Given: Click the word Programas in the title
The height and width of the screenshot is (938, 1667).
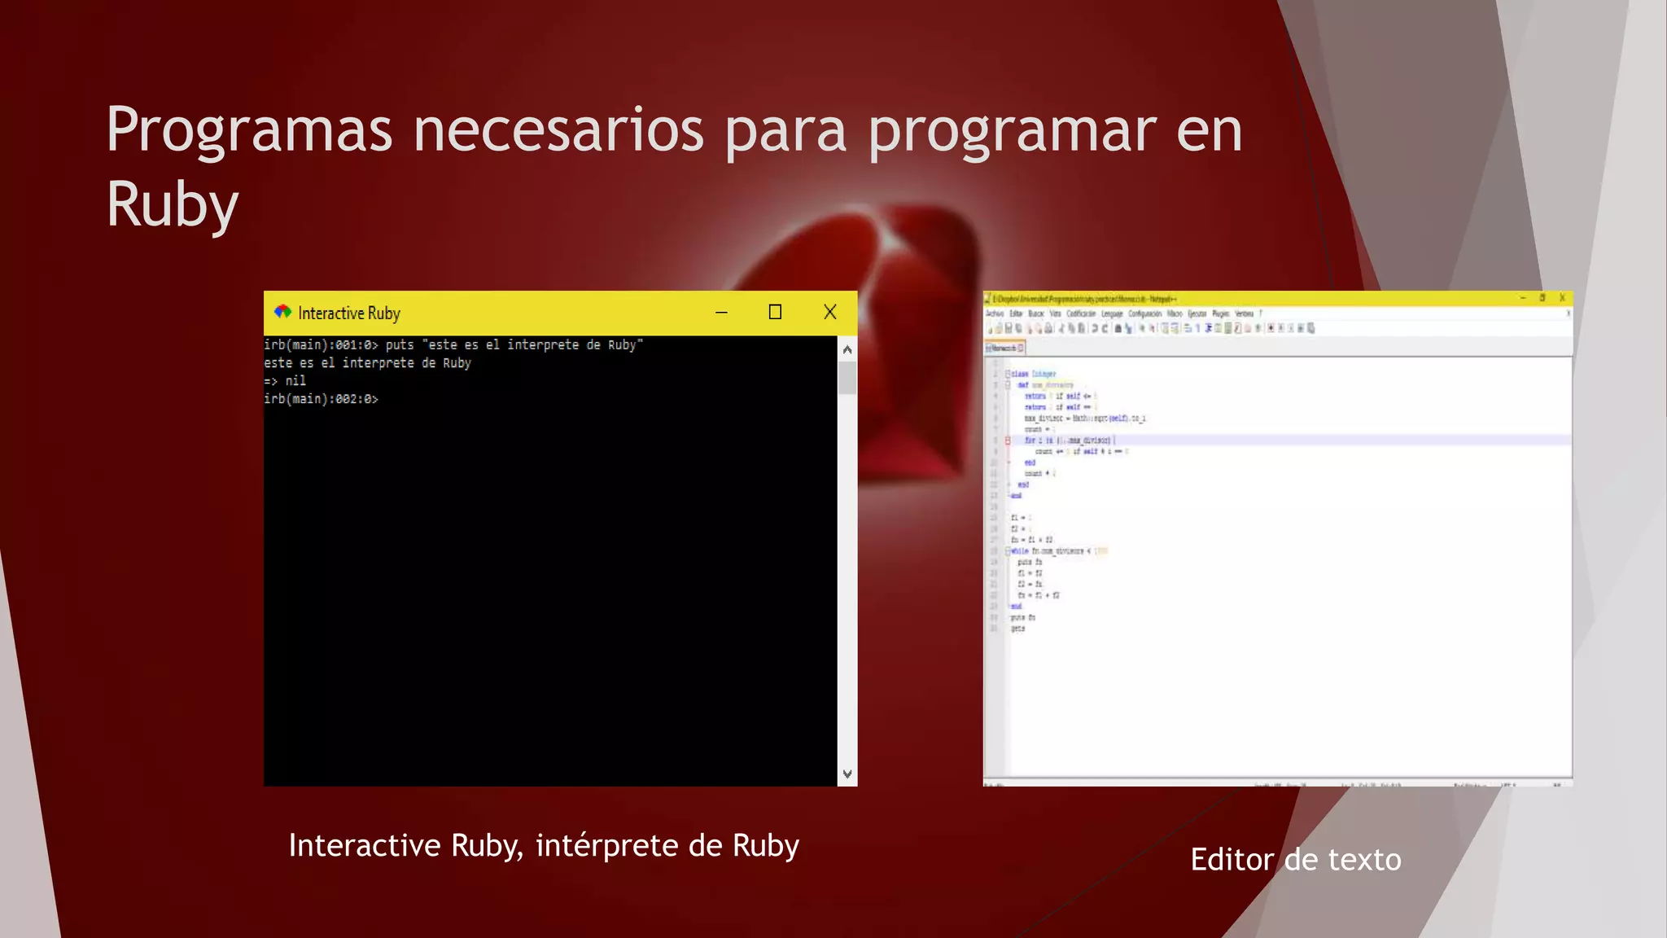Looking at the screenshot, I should click(x=249, y=130).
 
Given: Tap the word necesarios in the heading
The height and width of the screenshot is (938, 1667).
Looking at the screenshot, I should click(x=558, y=130).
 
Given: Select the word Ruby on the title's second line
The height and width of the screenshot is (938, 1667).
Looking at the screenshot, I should click(x=172, y=204).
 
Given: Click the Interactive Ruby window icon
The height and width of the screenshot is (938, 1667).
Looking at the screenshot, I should click(x=282, y=312).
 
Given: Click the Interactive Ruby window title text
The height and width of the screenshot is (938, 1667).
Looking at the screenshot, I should click(x=349, y=313).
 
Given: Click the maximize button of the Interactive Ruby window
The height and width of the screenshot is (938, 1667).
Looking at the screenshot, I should click(x=775, y=312).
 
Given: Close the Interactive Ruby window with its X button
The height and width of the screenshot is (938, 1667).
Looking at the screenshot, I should click(x=829, y=312).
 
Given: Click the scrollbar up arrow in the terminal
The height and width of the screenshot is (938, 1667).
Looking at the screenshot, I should click(x=847, y=350).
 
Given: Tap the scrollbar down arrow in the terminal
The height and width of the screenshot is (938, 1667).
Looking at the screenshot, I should click(x=847, y=774).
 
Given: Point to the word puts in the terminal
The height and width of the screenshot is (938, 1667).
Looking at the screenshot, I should click(x=400, y=345).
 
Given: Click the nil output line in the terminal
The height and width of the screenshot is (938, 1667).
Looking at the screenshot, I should click(x=286, y=381).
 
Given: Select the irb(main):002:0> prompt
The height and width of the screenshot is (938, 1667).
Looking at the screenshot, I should click(x=321, y=399).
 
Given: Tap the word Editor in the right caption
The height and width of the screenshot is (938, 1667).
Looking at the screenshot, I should click(x=1232, y=860).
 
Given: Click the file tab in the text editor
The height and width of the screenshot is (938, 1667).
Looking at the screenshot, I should click(x=1004, y=348).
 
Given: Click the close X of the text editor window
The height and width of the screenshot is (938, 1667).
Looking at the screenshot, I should click(x=1562, y=298).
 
